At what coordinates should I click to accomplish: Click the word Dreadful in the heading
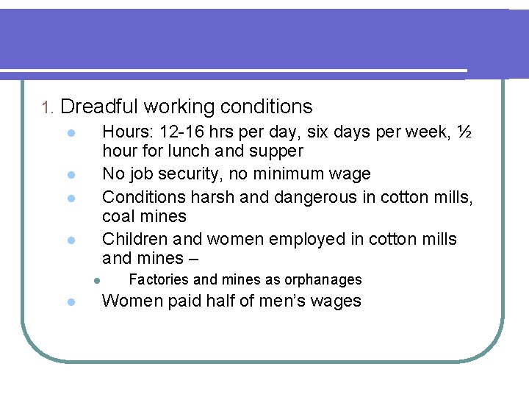click(99, 107)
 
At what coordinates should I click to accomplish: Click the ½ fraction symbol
click(464, 132)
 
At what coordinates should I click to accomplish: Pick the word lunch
click(189, 151)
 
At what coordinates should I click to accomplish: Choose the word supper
click(276, 152)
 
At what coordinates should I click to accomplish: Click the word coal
click(118, 216)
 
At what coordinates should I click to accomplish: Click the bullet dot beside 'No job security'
click(67, 176)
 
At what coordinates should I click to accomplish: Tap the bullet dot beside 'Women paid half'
click(67, 302)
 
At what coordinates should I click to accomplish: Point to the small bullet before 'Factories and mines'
click(96, 280)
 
